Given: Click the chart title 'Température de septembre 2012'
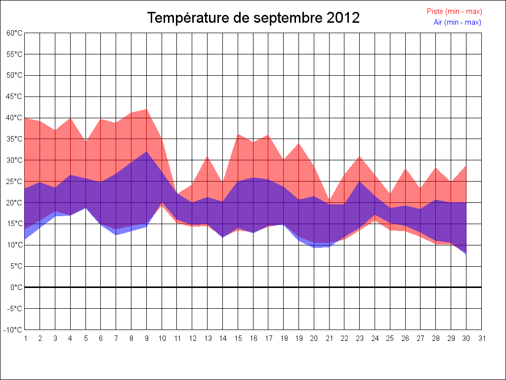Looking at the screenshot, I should (x=253, y=18).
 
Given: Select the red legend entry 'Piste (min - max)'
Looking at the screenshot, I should (x=454, y=11).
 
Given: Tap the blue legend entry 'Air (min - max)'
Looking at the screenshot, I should (x=457, y=22).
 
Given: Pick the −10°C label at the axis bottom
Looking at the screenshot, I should (x=13, y=330).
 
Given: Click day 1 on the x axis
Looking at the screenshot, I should (x=25, y=338).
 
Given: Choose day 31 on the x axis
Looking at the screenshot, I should (x=482, y=338).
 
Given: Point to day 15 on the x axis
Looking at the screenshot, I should (x=238, y=338).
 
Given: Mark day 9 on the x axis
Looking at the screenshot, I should (x=147, y=338).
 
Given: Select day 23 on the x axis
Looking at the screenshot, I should (x=360, y=338).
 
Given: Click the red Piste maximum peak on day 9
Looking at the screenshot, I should (x=147, y=109).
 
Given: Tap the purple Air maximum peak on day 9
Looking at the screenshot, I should (x=147, y=151).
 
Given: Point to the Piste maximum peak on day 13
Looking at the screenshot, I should (x=208, y=156).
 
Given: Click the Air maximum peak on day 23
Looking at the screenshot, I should (x=360, y=182).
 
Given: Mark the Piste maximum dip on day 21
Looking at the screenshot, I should (x=330, y=201).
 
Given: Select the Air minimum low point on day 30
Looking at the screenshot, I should (x=466, y=253).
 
